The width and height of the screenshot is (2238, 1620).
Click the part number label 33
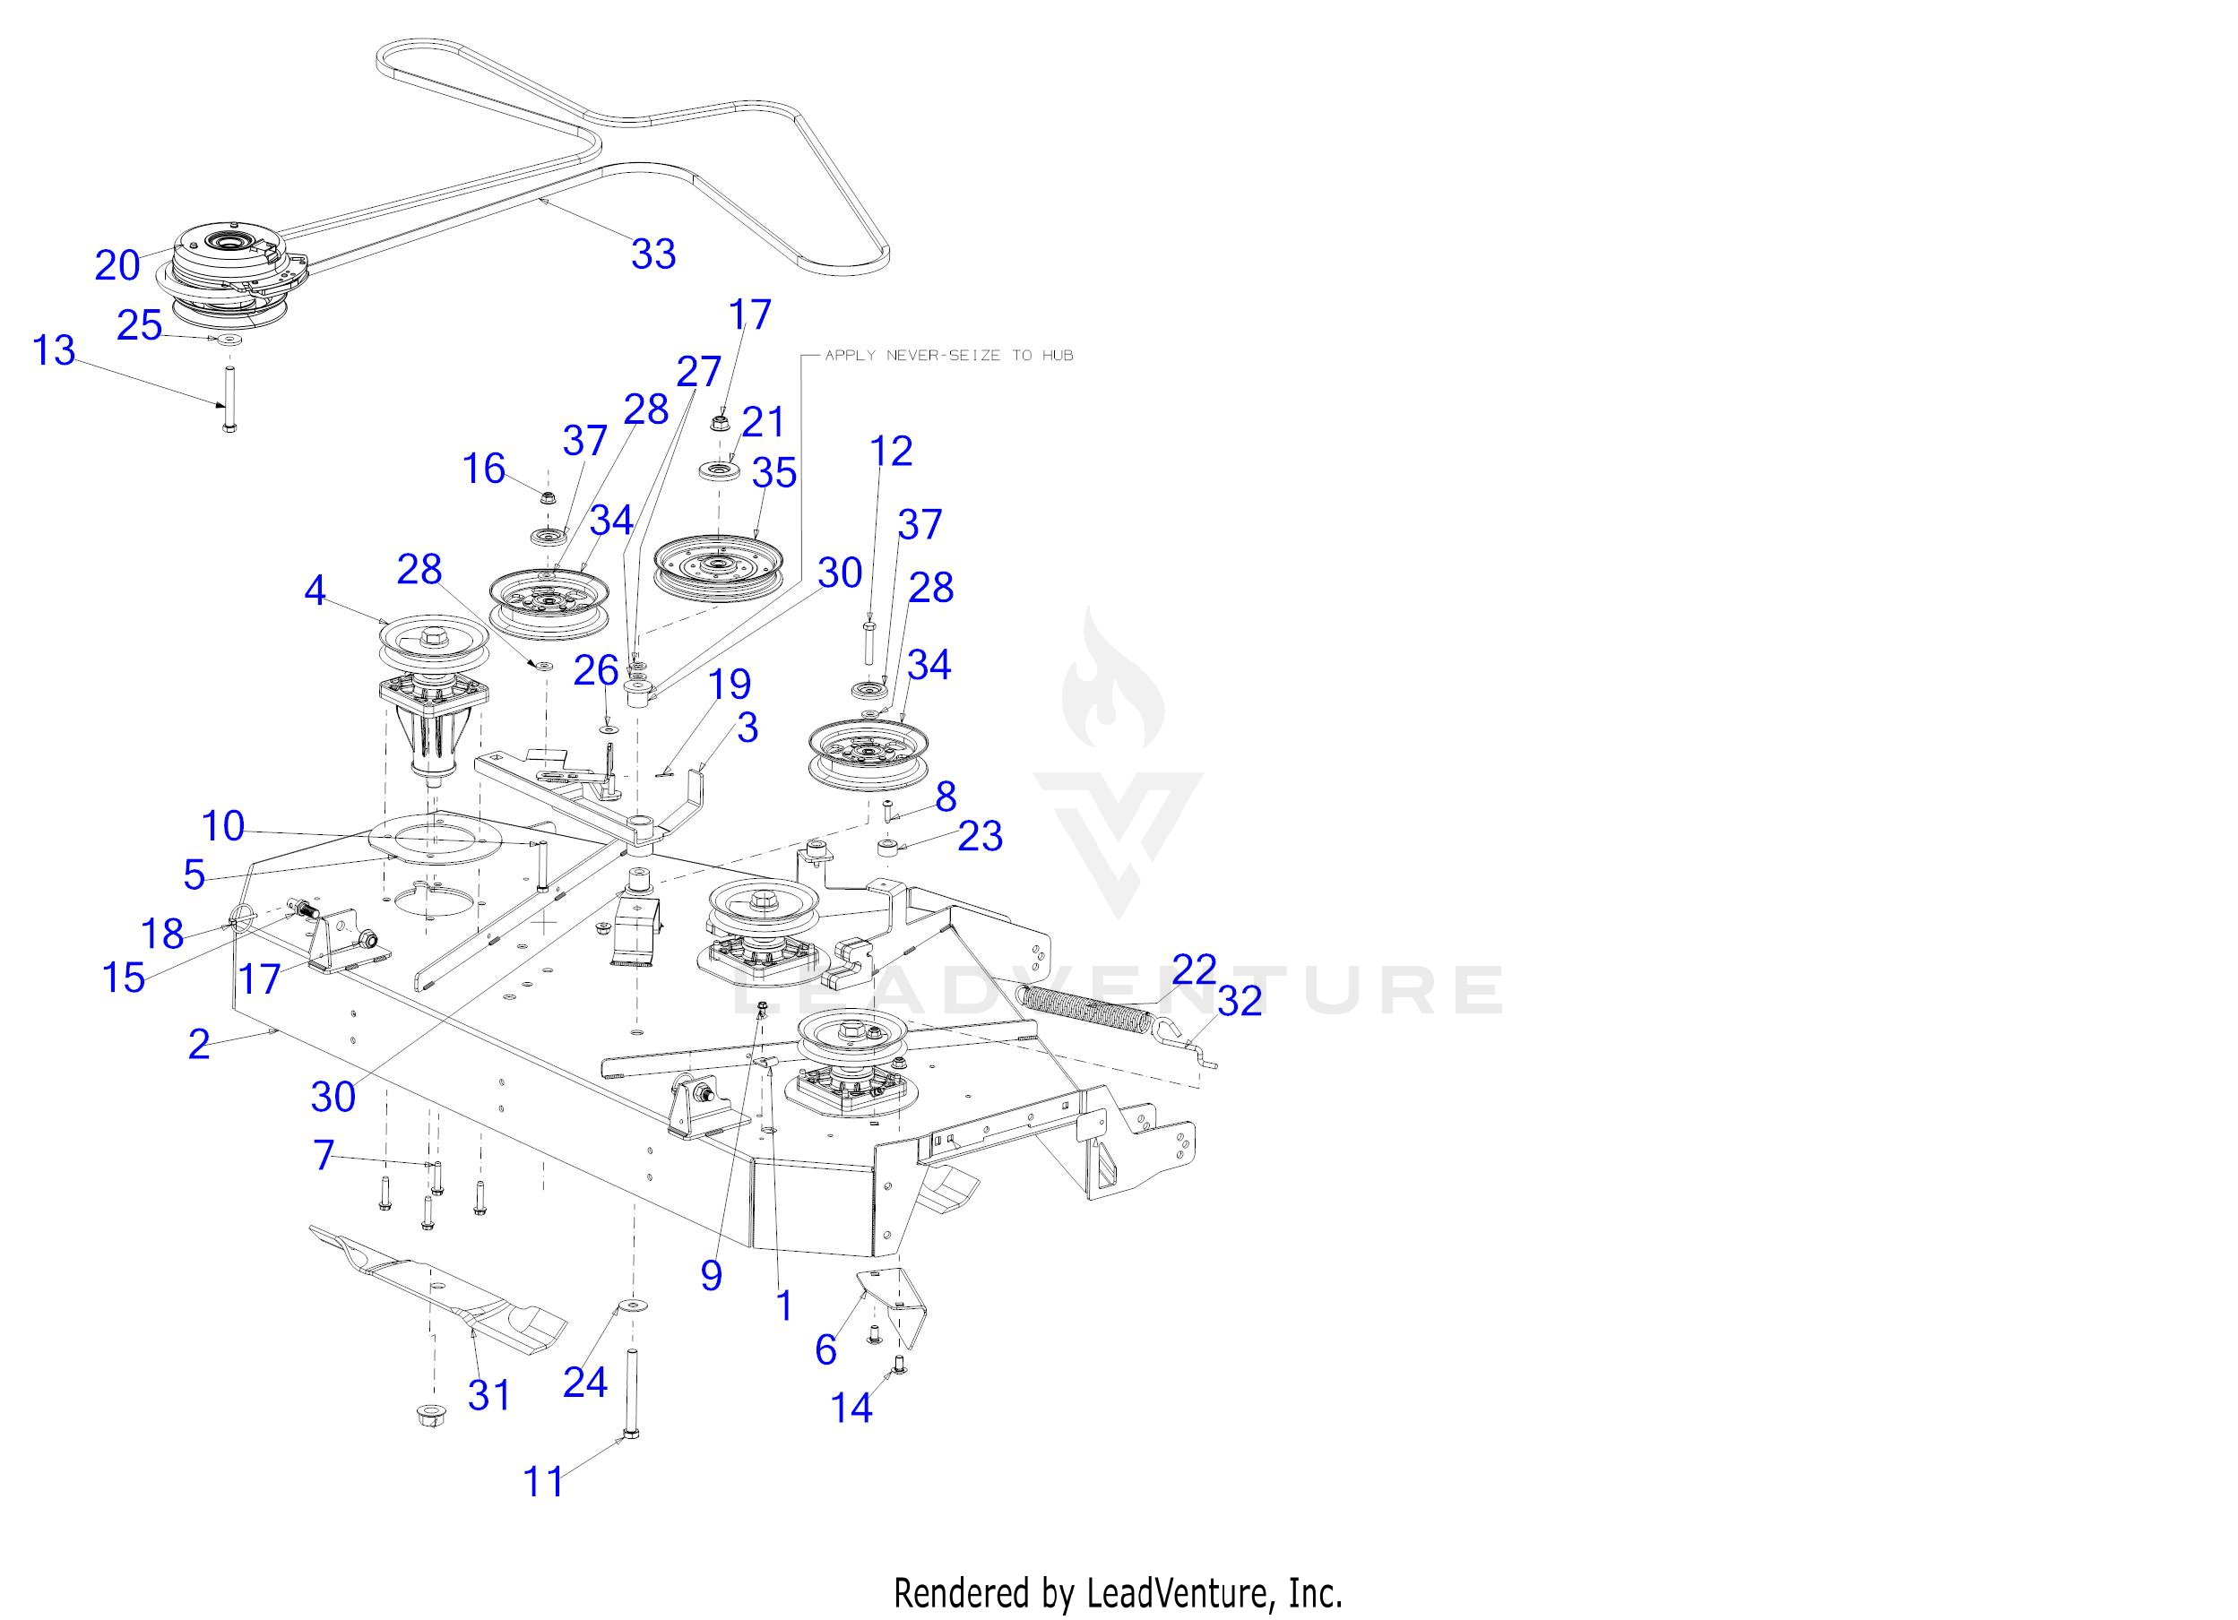[653, 254]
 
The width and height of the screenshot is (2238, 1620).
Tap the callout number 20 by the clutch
[117, 265]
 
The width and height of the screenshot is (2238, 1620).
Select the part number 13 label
[55, 350]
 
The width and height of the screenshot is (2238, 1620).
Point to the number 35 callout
[773, 474]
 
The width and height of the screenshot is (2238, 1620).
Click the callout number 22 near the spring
[1194, 969]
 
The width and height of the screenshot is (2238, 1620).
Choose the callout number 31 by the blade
[489, 1395]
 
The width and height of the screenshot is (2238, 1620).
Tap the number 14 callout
[851, 1408]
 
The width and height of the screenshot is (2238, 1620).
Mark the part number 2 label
[199, 1044]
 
